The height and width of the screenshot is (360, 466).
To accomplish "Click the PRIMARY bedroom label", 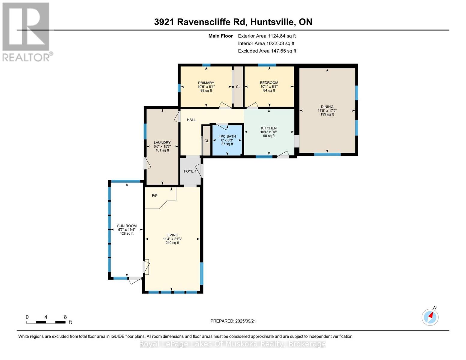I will click(206, 83).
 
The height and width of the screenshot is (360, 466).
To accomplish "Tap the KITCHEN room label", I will click(269, 128).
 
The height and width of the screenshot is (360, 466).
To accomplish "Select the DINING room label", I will click(327, 106).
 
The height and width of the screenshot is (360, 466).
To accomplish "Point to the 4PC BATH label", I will click(227, 136).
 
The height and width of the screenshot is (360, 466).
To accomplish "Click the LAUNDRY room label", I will click(162, 142).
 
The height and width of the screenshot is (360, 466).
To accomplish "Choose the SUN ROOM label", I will click(127, 226).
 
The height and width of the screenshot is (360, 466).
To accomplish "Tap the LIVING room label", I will click(172, 235).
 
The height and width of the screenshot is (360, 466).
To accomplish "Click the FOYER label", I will click(190, 171).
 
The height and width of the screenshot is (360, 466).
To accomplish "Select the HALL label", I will click(191, 120).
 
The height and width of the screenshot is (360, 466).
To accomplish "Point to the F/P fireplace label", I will click(155, 196).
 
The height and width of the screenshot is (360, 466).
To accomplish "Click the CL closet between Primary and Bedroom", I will click(238, 87).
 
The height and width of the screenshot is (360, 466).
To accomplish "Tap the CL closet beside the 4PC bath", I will click(206, 141).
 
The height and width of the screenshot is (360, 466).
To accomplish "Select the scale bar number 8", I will click(65, 317).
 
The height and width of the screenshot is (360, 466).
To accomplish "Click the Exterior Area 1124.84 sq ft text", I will click(267, 36).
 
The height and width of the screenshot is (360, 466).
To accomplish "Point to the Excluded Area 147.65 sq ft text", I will click(267, 51).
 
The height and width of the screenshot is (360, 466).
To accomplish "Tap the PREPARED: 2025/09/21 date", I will click(233, 321).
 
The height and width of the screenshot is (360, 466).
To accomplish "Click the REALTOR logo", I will click(26, 31).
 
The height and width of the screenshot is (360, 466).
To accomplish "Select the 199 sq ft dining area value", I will click(327, 114).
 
